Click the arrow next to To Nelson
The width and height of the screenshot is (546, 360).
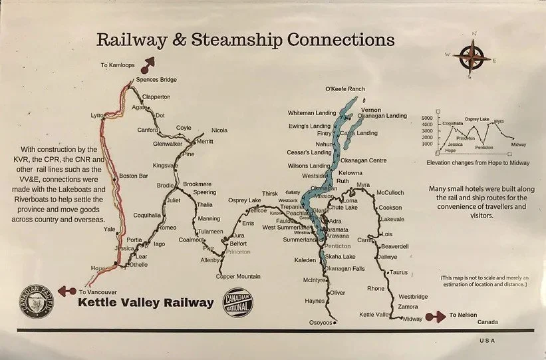point(440,316)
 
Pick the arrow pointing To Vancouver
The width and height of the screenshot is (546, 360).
point(66,291)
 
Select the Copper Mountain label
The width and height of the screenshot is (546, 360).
point(238,276)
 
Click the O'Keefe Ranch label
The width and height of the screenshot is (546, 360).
point(345,89)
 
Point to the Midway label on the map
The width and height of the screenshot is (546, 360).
point(413,319)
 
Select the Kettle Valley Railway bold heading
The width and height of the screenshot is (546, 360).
point(146,303)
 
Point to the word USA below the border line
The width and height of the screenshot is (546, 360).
point(487,341)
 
